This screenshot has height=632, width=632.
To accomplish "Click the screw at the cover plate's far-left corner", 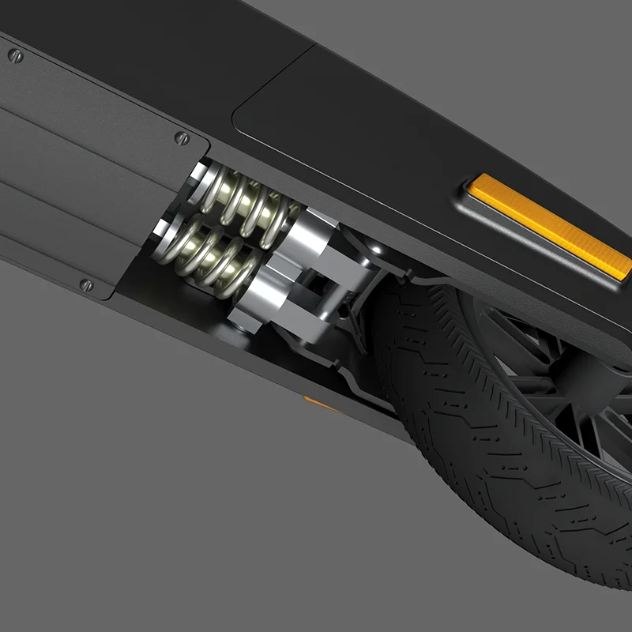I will (x=14, y=55).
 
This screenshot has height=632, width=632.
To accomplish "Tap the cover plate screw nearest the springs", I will (x=181, y=137).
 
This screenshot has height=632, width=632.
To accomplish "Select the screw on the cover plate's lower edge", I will (x=87, y=284).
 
